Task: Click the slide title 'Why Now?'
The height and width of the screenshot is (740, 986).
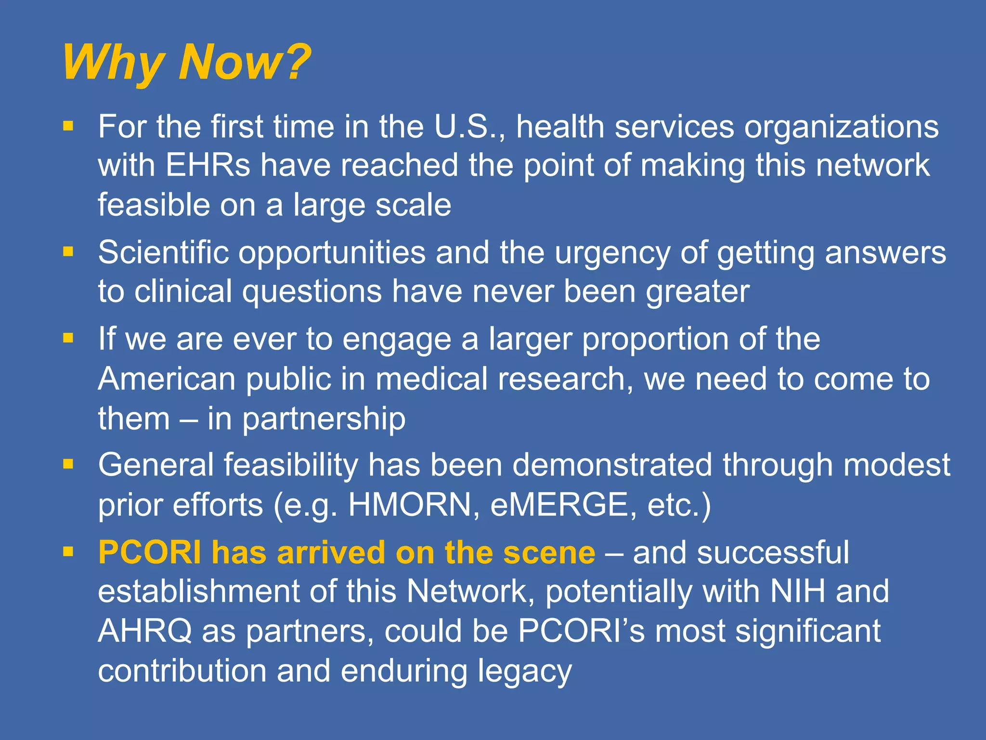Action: click(x=187, y=63)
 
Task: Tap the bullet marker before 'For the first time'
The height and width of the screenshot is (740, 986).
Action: click(x=68, y=126)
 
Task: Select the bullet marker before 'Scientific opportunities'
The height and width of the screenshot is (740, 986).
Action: click(x=68, y=251)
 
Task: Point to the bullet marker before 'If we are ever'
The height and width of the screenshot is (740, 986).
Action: click(x=68, y=338)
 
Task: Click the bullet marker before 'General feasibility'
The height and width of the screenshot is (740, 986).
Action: click(x=68, y=464)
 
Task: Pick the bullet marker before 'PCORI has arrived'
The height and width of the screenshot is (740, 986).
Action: click(x=68, y=552)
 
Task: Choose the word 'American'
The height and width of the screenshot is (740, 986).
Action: click(x=167, y=379)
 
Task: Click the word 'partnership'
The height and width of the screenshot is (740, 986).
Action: click(x=324, y=419)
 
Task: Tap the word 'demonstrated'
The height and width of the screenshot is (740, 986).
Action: click(x=611, y=465)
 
